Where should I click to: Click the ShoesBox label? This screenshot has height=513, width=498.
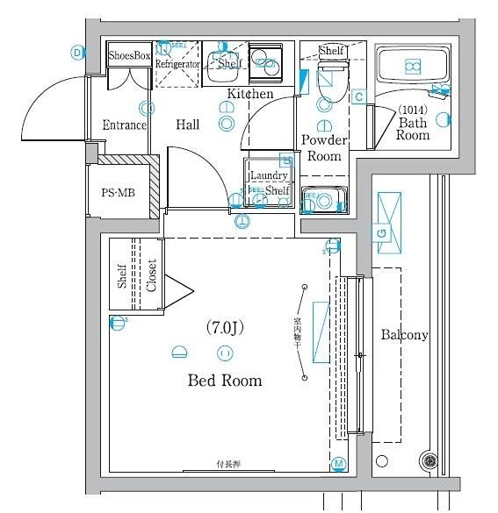click(x=130, y=55)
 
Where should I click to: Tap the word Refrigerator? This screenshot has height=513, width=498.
click(x=179, y=65)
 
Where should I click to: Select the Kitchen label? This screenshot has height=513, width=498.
click(x=250, y=94)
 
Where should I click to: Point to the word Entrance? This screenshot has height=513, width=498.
click(x=124, y=125)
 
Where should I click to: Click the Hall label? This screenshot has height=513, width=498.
click(x=188, y=125)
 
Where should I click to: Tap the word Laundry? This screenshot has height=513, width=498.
click(x=268, y=176)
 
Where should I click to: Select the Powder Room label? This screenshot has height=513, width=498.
click(x=325, y=148)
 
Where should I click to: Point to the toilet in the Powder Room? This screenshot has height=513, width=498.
click(x=329, y=82)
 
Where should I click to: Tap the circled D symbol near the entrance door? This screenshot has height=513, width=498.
click(x=77, y=53)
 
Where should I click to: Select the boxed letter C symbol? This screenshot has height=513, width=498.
click(x=358, y=96)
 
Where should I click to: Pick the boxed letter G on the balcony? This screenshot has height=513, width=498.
click(x=382, y=232)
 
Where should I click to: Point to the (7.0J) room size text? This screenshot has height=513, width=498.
click(x=224, y=328)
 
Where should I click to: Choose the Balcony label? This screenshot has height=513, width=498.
click(x=404, y=335)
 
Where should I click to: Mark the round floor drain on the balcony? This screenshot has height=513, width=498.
click(x=429, y=460)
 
